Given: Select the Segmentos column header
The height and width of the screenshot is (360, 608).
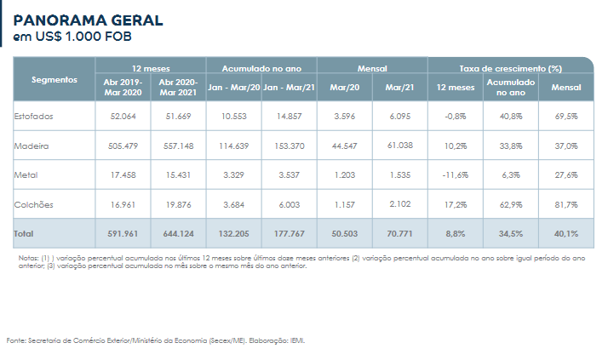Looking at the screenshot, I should coord(54,80).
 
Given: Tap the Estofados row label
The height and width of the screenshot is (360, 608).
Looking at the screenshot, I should coord(33,115).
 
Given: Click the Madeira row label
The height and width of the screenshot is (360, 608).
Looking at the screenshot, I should coord(31,146).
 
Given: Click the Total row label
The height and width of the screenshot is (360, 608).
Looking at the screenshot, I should coord(26,233).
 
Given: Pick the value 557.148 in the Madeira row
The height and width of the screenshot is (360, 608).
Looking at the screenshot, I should coord(177,146).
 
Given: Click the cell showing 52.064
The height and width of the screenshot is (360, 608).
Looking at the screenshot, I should coord(123,115).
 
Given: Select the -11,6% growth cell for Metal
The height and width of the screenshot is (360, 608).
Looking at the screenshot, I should coord(456,174).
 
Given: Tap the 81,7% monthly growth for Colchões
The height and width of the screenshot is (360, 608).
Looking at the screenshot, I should coord(566,204).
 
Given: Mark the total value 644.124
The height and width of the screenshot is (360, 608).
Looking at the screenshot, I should coord(177,233).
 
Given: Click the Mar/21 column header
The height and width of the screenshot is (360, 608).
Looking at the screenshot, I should coord(399,88).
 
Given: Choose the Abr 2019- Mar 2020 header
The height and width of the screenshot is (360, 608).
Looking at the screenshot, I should coord(123,88).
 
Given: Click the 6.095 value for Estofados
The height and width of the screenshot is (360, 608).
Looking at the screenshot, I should coord(399,115).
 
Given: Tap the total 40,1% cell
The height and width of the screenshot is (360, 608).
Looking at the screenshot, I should coord(566,233).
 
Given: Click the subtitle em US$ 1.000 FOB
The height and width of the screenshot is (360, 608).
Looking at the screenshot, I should coord(72,37).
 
